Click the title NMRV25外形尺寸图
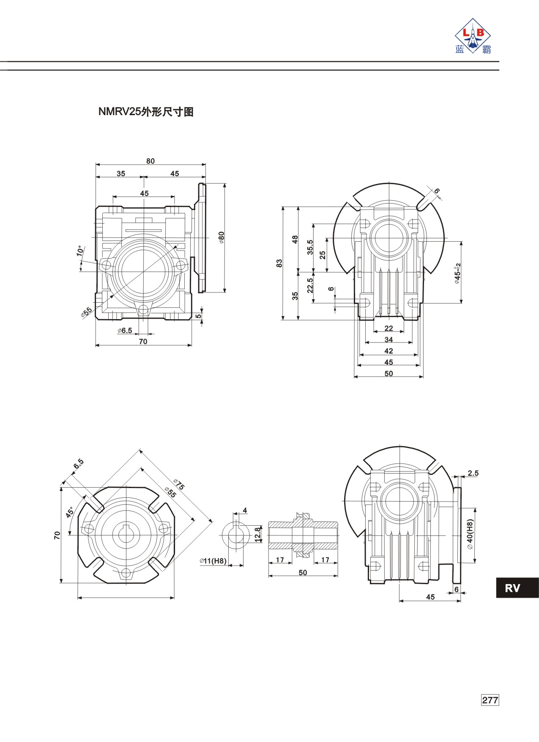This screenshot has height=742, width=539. pyautogui.click(x=146, y=112)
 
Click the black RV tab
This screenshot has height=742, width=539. pyautogui.click(x=517, y=588)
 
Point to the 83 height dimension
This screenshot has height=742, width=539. pyautogui.click(x=279, y=263)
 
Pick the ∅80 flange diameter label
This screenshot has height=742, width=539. pyautogui.click(x=222, y=237)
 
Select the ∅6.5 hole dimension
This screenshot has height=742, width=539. pyautogui.click(x=125, y=330)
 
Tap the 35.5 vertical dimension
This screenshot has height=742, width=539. pyautogui.click(x=310, y=247)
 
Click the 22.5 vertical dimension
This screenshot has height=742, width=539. pyautogui.click(x=310, y=286)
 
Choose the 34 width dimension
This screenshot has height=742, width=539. pyautogui.click(x=389, y=339)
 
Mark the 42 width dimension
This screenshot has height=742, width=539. pyautogui.click(x=389, y=351)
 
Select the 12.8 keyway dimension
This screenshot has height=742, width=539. pyautogui.click(x=257, y=535)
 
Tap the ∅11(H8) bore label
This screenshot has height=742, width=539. pyautogui.click(x=213, y=561)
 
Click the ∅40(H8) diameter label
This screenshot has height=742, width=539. pyautogui.click(x=471, y=535)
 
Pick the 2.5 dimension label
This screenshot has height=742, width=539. pyautogui.click(x=473, y=473)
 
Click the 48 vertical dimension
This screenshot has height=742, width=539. pyautogui.click(x=295, y=239)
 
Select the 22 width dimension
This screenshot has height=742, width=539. pyautogui.click(x=389, y=328)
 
